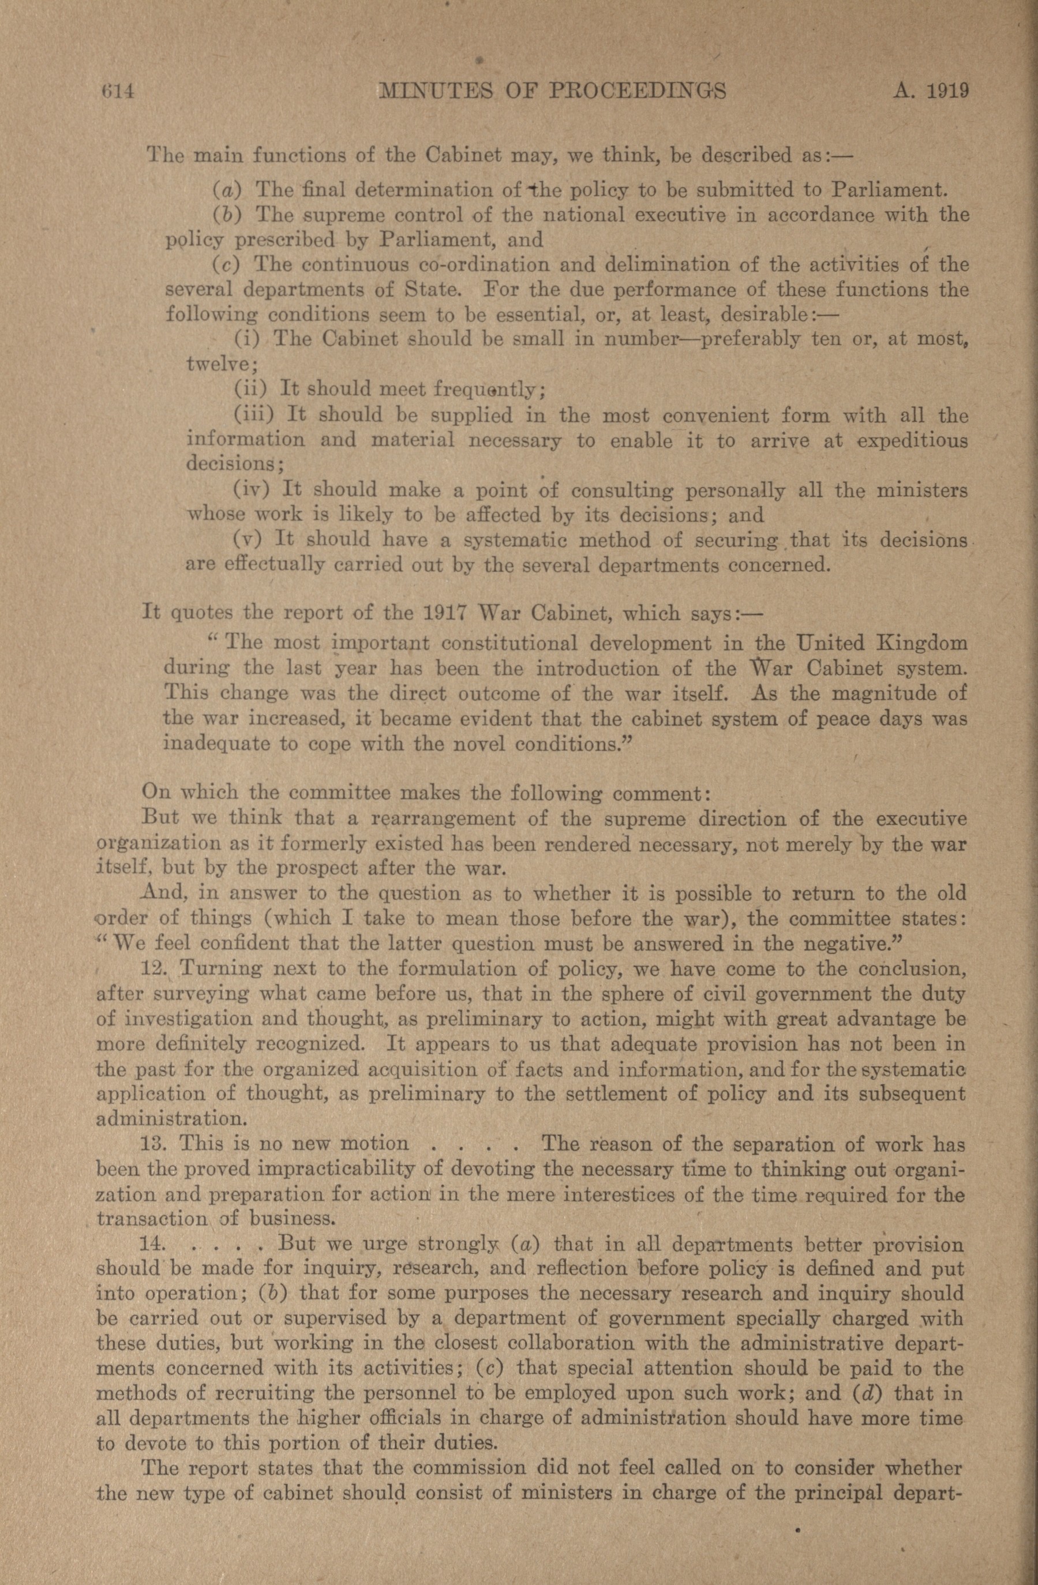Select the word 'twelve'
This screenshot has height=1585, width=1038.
coord(218,364)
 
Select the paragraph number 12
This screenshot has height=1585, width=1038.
coord(152,969)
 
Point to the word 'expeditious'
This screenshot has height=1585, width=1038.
coord(912,441)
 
